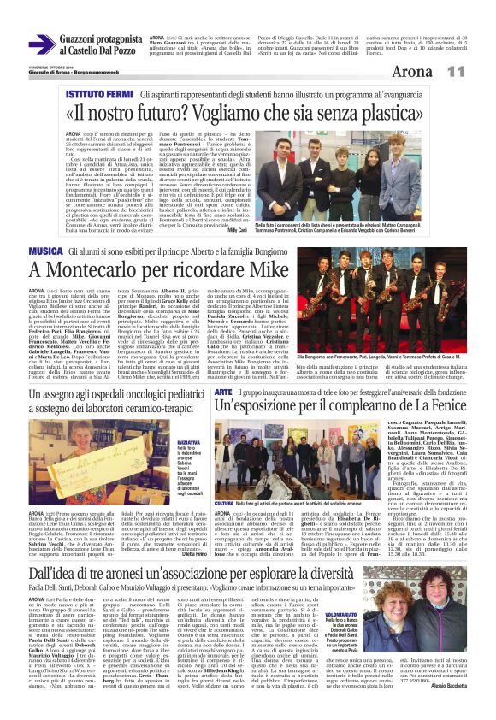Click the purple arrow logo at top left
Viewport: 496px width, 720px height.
pyautogui.click(x=41, y=44)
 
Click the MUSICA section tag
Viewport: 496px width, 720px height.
pyautogui.click(x=45, y=226)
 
